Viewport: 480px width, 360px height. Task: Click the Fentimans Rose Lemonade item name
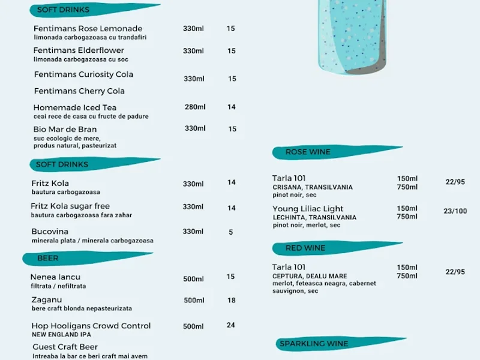click(88, 29)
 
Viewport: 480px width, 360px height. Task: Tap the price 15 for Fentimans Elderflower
click(231, 51)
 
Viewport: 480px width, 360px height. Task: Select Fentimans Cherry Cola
click(79, 91)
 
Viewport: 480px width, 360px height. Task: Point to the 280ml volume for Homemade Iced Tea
click(195, 107)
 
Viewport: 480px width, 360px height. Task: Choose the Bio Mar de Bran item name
click(65, 129)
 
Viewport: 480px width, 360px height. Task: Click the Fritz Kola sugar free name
click(70, 206)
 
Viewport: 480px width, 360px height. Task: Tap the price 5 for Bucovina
click(231, 232)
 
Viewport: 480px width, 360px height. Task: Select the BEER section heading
click(48, 258)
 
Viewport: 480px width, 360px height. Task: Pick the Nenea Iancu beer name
click(55, 277)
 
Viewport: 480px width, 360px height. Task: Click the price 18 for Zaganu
click(231, 301)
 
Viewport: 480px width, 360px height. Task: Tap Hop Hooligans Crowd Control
click(91, 326)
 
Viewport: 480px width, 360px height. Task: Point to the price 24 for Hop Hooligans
click(231, 325)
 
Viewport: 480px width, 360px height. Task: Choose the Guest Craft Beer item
click(64, 347)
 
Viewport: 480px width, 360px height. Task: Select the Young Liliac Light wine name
click(308, 209)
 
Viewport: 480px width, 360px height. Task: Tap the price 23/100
click(455, 211)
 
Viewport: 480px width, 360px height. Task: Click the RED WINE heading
click(305, 248)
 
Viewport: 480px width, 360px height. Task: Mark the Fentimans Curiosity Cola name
click(83, 74)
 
